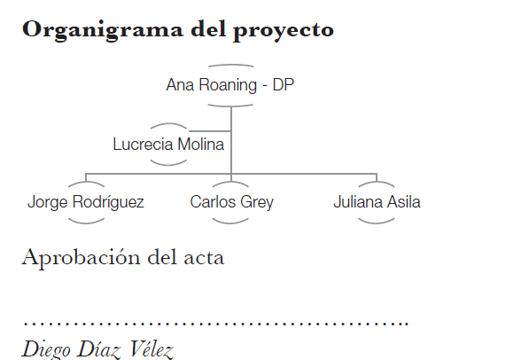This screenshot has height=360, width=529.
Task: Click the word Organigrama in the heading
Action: pyautogui.click(x=103, y=30)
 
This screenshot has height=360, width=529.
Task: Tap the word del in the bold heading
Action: pyautogui.click(x=208, y=28)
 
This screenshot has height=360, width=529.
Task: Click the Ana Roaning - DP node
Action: pyautogui.click(x=230, y=85)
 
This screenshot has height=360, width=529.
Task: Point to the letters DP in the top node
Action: pyautogui.click(x=283, y=84)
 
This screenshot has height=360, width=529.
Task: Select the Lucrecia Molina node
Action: pyautogui.click(x=168, y=145)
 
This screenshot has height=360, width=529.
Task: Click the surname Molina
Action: pyautogui.click(x=201, y=145)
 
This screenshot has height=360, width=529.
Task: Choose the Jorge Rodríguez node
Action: pyautogui.click(x=86, y=202)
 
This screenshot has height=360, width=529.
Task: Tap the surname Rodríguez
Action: pyautogui.click(x=108, y=202)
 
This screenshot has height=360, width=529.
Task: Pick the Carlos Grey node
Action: pyautogui.click(x=231, y=202)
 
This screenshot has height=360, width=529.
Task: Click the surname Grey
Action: pyautogui.click(x=257, y=202)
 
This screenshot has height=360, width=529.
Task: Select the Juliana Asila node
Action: pyautogui.click(x=377, y=202)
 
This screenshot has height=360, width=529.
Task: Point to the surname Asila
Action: pyautogui.click(x=404, y=202)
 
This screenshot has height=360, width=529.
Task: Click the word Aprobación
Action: pyautogui.click(x=81, y=258)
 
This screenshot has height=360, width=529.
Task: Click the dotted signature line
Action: pyautogui.click(x=216, y=324)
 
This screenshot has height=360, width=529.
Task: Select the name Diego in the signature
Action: pyautogui.click(x=46, y=349)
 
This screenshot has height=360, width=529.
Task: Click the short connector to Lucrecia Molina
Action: pyautogui.click(x=209, y=130)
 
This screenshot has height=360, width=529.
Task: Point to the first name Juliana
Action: pyautogui.click(x=358, y=202)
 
